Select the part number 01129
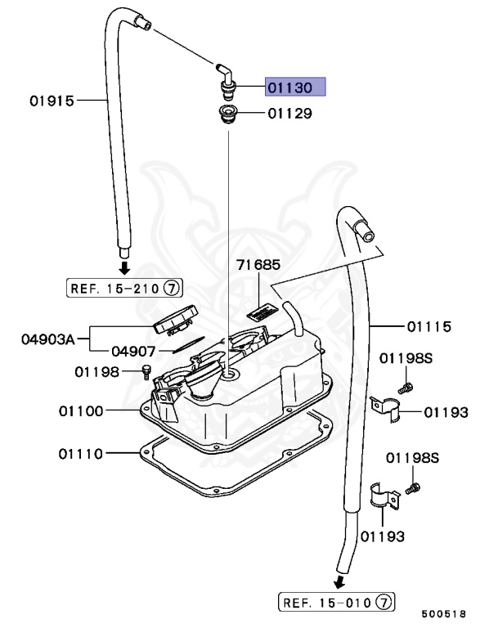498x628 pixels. click(x=289, y=114)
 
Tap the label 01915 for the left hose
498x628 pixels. click(x=52, y=101)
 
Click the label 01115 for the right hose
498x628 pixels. click(x=429, y=326)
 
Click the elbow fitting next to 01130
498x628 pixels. click(x=226, y=75)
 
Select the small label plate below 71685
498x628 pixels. click(x=260, y=312)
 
